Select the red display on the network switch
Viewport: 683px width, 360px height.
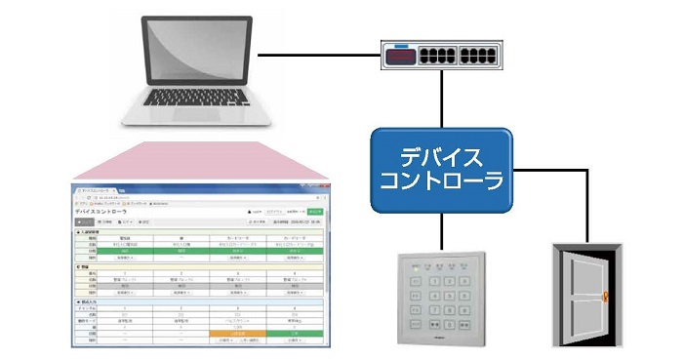[399, 57]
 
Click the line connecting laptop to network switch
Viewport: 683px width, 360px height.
[322, 55]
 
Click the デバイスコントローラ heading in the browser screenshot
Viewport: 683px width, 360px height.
[106, 211]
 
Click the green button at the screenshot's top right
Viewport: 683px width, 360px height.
[314, 211]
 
